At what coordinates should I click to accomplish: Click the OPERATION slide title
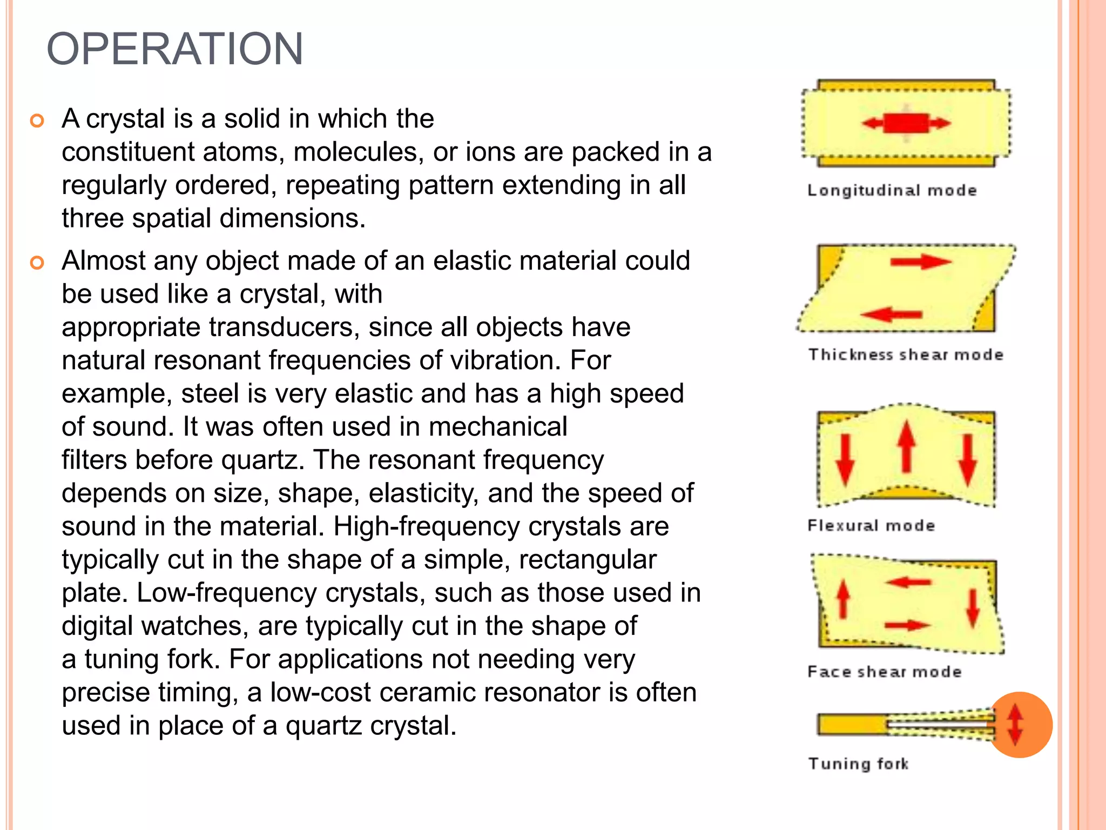click(175, 49)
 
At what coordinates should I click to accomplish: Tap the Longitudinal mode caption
click(892, 190)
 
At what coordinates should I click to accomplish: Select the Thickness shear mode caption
click(906, 354)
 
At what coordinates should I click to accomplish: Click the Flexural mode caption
click(871, 525)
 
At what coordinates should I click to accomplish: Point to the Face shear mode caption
click(885, 672)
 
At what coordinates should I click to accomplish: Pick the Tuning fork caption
click(858, 764)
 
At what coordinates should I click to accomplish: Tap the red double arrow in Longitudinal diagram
click(906, 123)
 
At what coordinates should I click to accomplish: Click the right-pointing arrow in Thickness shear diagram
click(921, 262)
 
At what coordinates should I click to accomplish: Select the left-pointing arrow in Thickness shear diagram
click(891, 314)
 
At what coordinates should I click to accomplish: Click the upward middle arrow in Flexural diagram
click(907, 446)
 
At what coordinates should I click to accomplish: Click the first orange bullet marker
click(37, 121)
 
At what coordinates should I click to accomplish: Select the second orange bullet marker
click(37, 263)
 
